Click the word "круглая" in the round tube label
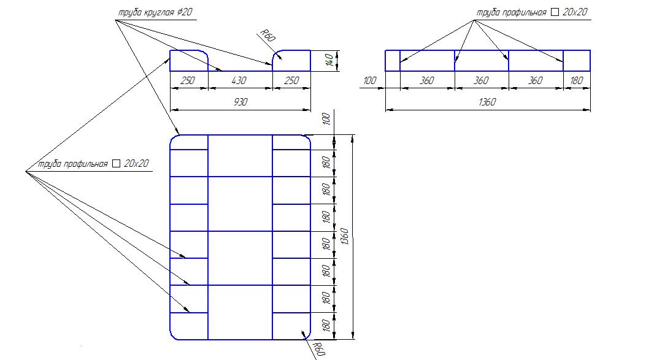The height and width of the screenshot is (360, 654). click(159, 12)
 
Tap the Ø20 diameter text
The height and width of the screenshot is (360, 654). click(185, 12)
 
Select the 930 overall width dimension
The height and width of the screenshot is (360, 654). click(240, 102)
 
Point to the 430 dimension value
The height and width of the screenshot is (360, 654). click(239, 80)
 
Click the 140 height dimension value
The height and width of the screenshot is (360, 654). click(329, 60)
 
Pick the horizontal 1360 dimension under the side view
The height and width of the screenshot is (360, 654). click(487, 102)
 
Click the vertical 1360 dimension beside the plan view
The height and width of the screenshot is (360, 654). click(345, 236)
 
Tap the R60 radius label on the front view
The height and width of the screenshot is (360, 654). click(267, 36)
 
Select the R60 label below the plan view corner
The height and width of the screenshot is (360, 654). click(319, 349)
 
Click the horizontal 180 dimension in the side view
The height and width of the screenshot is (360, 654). click(577, 80)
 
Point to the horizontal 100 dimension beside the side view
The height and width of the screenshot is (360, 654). click(369, 80)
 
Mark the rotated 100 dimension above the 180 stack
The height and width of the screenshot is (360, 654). click(326, 119)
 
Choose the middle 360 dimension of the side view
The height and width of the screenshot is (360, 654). click(481, 80)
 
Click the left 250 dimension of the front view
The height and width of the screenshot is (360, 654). click(188, 80)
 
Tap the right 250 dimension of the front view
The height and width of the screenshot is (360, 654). click(291, 80)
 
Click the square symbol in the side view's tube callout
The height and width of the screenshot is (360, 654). click(555, 12)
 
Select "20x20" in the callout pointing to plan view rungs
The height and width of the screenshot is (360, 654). click(136, 163)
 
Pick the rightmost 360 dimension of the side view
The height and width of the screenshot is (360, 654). click(536, 80)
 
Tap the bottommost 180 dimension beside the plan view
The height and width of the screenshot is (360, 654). click(326, 326)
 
